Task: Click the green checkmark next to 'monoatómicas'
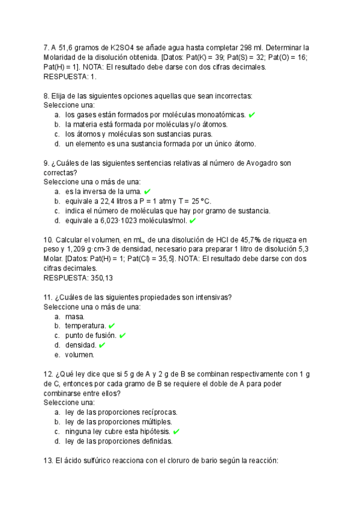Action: (x=252, y=115)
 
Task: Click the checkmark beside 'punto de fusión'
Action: (x=122, y=336)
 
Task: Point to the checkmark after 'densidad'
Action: (x=102, y=345)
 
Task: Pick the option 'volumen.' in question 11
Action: (x=80, y=355)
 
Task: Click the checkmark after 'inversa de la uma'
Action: (x=148, y=191)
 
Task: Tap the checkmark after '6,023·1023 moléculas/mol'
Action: (x=193, y=220)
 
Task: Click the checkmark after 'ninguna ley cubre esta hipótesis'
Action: (x=176, y=432)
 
